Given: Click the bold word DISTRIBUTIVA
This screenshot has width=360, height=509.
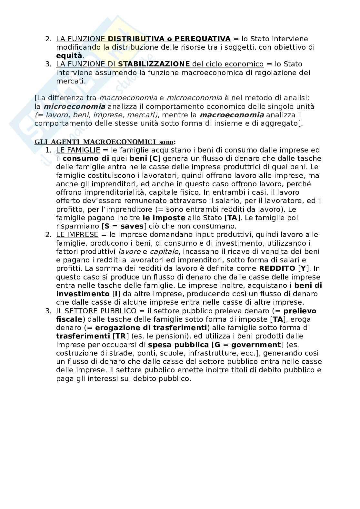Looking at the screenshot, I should [134, 39].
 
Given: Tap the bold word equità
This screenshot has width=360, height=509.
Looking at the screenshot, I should [69, 56].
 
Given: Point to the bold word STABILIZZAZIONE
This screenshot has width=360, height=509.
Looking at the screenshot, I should [154, 64].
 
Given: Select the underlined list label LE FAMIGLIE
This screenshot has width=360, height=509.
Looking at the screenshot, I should [78, 150].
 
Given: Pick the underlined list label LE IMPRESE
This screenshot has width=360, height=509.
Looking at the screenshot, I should [77, 235].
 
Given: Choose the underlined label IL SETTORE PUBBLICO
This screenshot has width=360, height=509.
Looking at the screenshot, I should [96, 311].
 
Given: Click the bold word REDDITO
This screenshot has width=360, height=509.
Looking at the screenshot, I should [277, 269].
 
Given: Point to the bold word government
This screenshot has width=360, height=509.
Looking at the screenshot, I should [256, 345].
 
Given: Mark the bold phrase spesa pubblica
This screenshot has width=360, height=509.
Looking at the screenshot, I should [178, 345].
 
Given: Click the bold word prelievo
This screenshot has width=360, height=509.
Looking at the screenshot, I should [300, 311].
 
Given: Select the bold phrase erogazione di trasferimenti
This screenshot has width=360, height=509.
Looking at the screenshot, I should [151, 328].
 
